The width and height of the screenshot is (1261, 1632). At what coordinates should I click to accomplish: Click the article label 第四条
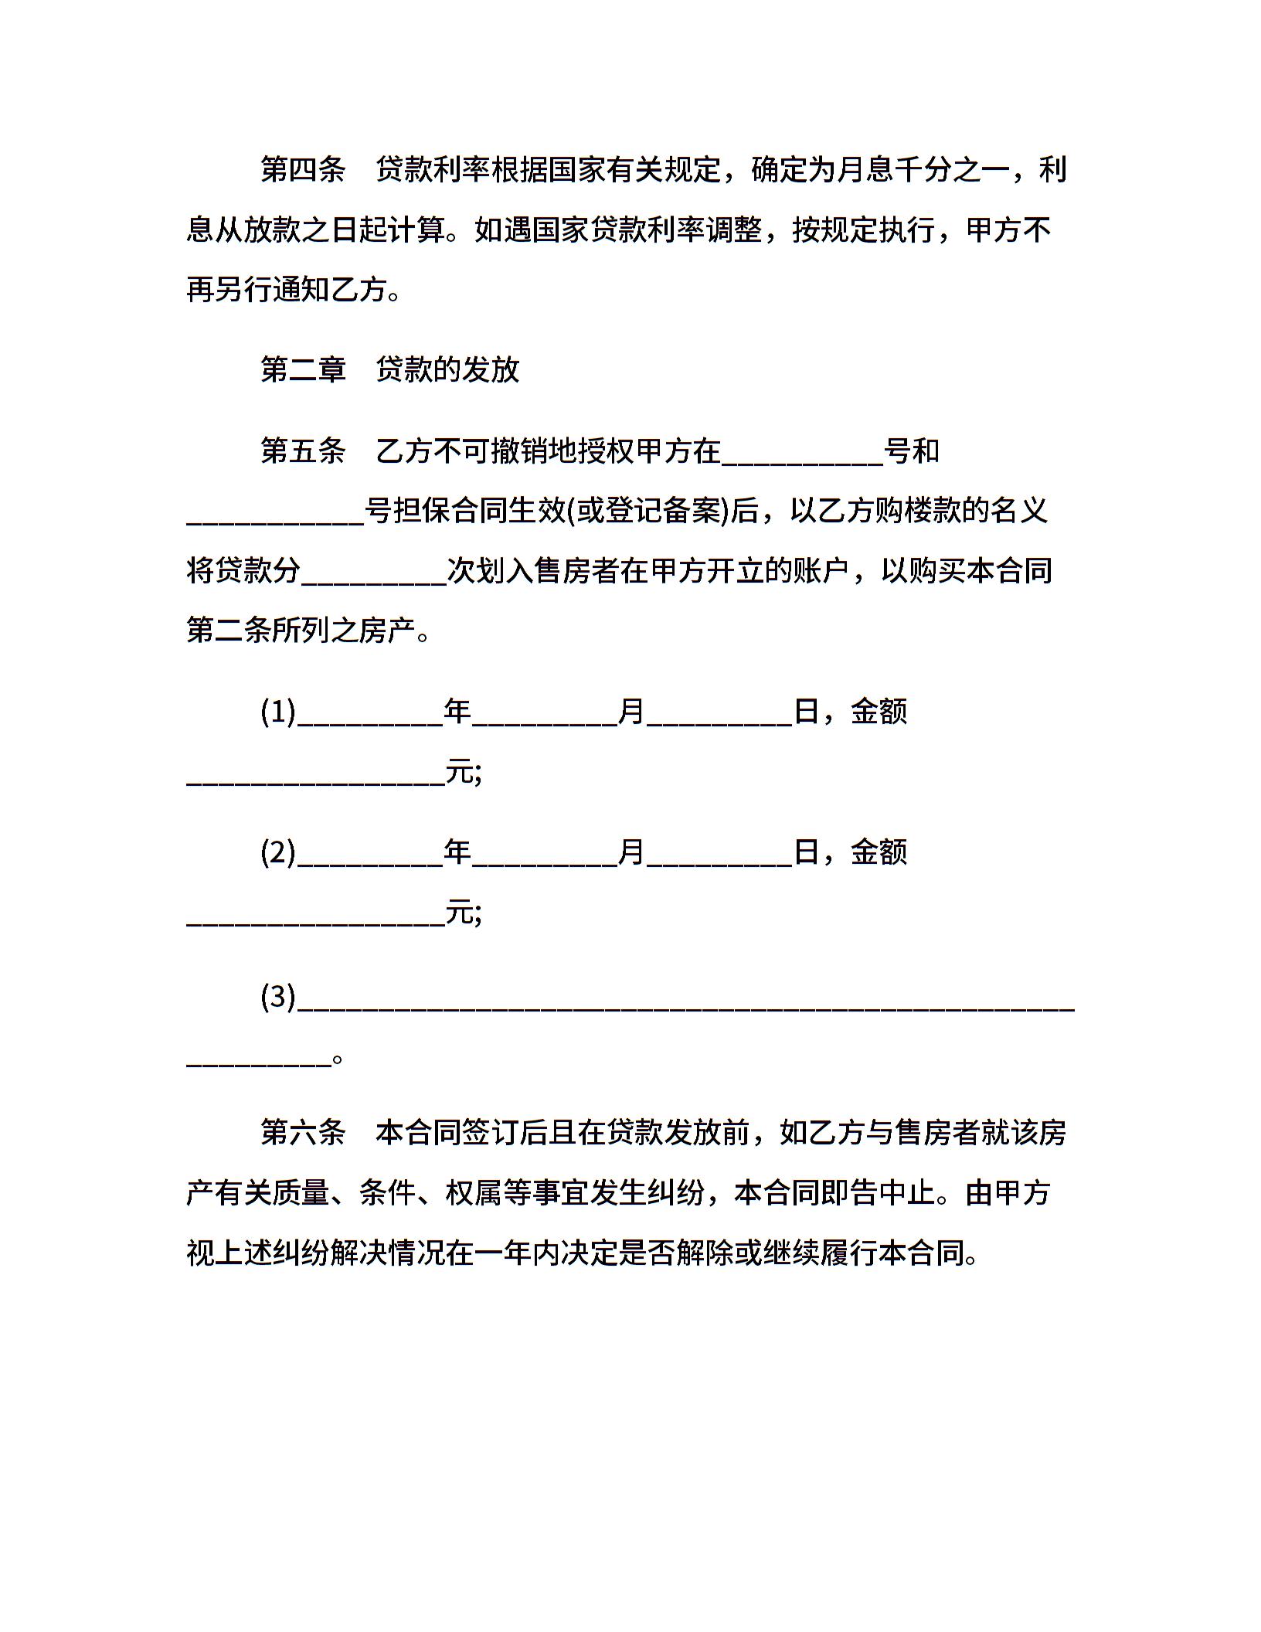(x=303, y=169)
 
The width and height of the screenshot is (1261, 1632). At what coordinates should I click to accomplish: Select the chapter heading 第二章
(x=303, y=369)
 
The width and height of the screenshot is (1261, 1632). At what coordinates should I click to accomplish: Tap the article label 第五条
(x=303, y=450)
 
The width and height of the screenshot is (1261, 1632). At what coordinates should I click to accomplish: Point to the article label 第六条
(x=303, y=1133)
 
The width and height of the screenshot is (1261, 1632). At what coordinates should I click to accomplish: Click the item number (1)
(x=278, y=712)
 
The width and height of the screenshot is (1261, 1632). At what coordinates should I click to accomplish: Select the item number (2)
(x=278, y=852)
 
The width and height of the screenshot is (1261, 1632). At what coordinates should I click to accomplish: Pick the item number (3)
(x=278, y=997)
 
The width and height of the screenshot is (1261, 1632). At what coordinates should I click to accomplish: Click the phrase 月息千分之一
(x=923, y=169)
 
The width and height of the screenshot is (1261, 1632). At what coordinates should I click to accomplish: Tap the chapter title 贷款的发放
(x=448, y=369)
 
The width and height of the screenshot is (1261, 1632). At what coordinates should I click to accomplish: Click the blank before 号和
(x=802, y=456)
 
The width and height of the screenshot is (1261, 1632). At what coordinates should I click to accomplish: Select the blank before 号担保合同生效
(x=275, y=516)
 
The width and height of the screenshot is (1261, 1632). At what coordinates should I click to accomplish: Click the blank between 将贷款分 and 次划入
(x=374, y=576)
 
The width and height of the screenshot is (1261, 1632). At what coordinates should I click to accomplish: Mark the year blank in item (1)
(x=370, y=717)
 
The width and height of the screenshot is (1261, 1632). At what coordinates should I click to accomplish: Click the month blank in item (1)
(x=545, y=717)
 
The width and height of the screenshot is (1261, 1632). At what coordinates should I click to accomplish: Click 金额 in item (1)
(x=879, y=712)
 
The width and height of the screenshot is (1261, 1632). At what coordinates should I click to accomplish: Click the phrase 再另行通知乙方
(x=286, y=290)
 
